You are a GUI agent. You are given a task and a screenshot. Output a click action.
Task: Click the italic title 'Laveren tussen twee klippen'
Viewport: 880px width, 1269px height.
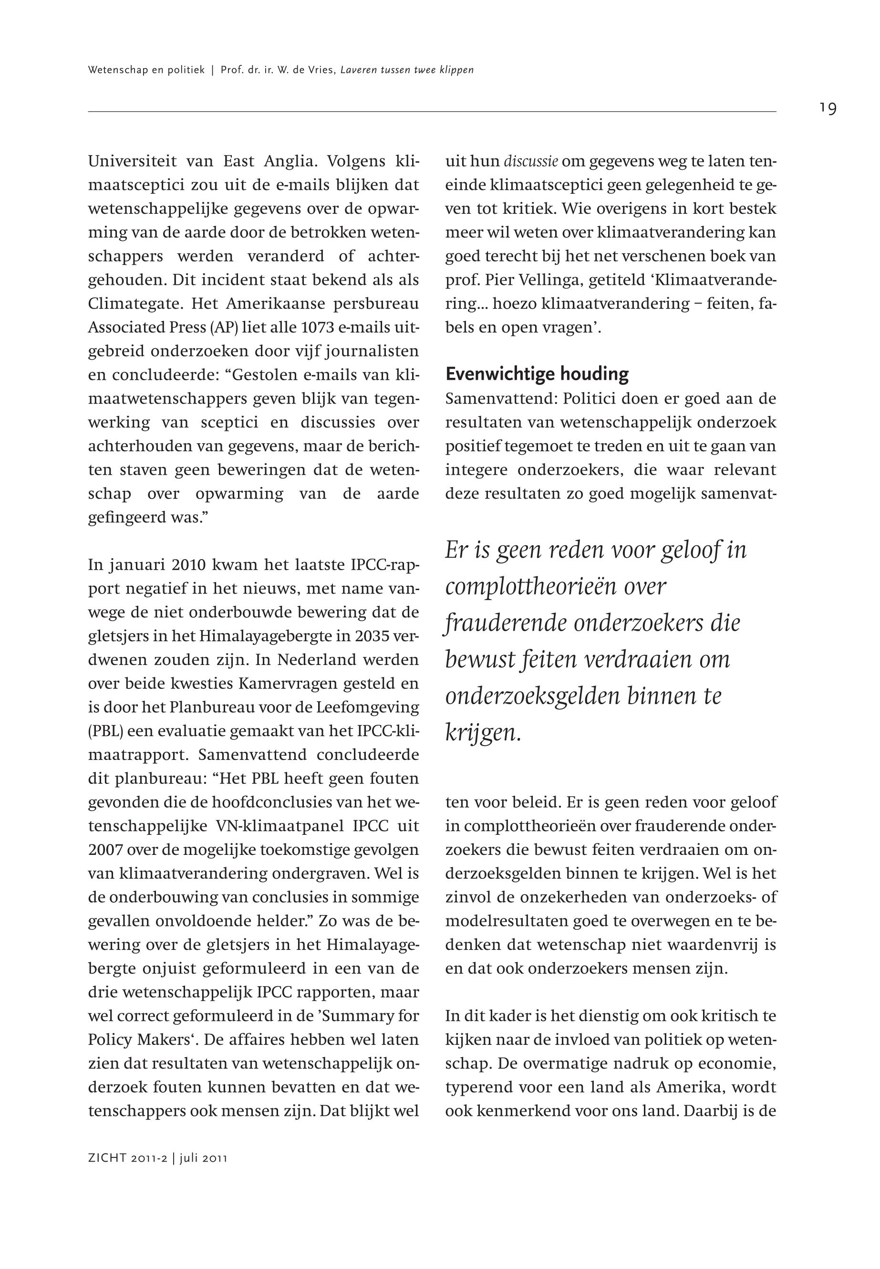(x=407, y=70)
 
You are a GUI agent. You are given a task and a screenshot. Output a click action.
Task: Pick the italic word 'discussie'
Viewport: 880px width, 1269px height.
(x=530, y=162)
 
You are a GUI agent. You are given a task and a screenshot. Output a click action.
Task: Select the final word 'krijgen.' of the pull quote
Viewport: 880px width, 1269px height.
(x=483, y=733)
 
